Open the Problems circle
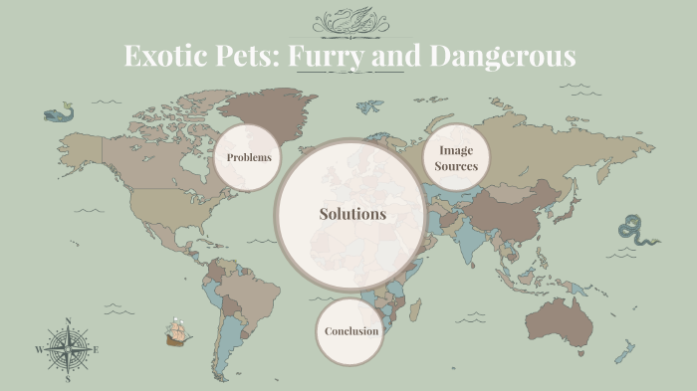(249, 157)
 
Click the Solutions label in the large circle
(352, 214)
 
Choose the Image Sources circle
(456, 158)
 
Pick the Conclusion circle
(351, 331)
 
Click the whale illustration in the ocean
(60, 112)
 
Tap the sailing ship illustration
(178, 331)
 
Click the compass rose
(68, 349)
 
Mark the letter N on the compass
(68, 321)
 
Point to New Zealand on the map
(624, 351)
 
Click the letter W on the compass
(40, 350)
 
